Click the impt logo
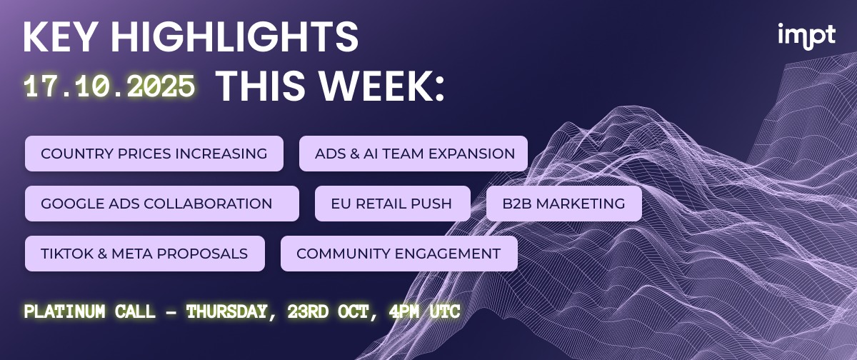tap(806, 36)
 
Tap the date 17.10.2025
tap(109, 86)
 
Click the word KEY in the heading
tap(59, 36)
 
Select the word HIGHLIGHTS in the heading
tap(234, 36)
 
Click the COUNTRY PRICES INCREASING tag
tap(154, 154)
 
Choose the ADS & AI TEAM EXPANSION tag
tap(414, 154)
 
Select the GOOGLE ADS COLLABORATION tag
tap(162, 204)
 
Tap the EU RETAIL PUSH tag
tap(393, 204)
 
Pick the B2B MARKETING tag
tap(564, 204)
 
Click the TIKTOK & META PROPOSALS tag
tap(144, 254)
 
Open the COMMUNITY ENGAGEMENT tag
tap(399, 254)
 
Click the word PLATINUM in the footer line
tap(65, 311)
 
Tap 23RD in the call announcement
tap(308, 311)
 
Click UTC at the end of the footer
tap(444, 311)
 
